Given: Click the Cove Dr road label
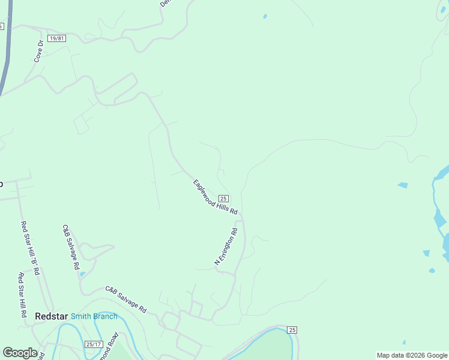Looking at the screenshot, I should pyautogui.click(x=39, y=52).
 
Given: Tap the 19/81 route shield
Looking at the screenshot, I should pyautogui.click(x=57, y=38).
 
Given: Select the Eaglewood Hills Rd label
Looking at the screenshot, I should pyautogui.click(x=215, y=197).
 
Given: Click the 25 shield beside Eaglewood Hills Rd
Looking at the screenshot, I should pyautogui.click(x=223, y=199).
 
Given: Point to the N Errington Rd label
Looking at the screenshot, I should pyautogui.click(x=226, y=246).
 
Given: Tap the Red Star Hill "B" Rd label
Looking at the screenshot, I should pyautogui.click(x=30, y=248).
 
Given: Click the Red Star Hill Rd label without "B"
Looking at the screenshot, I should pyautogui.click(x=21, y=295).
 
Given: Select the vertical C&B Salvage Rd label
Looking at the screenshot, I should pyautogui.click(x=71, y=247).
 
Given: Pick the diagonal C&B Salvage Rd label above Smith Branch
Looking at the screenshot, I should pyautogui.click(x=126, y=299).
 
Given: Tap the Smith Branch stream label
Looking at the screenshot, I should pyautogui.click(x=94, y=316).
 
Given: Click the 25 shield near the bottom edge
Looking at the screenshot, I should pyautogui.click(x=292, y=330).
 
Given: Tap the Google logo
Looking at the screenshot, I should pyautogui.click(x=20, y=353).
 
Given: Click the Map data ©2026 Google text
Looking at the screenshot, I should pyautogui.click(x=412, y=355).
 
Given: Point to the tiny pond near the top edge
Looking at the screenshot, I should pyautogui.click(x=265, y=16).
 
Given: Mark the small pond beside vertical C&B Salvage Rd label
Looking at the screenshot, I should pyautogui.click(x=82, y=274).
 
